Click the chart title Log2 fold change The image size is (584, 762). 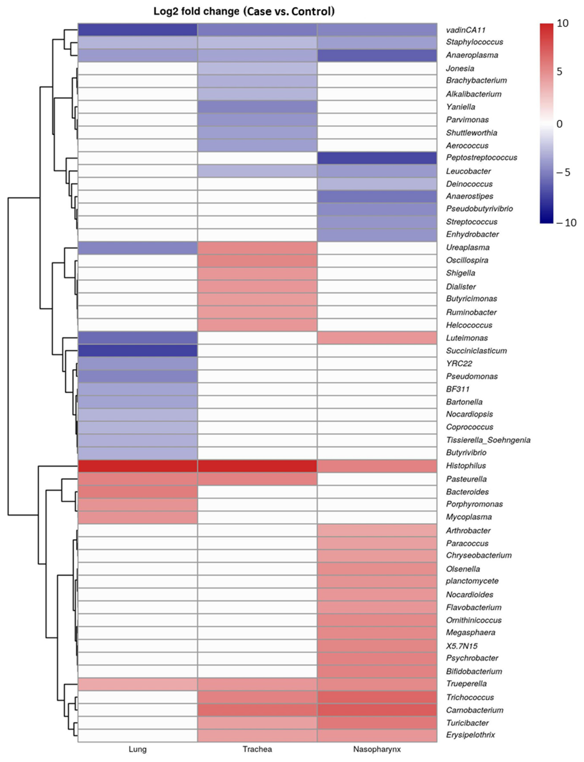244,11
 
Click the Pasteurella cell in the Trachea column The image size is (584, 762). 257,479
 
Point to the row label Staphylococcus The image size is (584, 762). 474,42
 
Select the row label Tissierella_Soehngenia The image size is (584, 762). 488,440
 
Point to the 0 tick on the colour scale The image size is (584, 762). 559,124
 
